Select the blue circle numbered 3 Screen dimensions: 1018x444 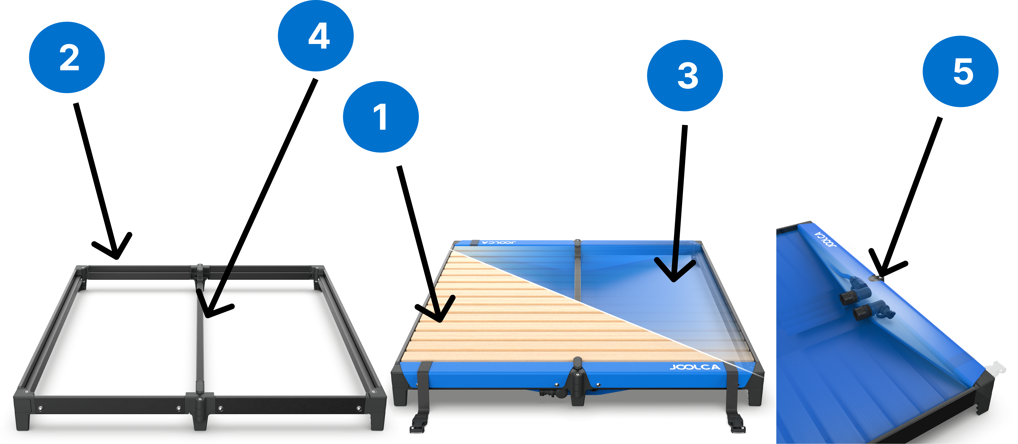click(685, 75)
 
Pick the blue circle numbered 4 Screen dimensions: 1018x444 click(316, 36)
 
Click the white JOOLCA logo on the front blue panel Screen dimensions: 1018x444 click(695, 367)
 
